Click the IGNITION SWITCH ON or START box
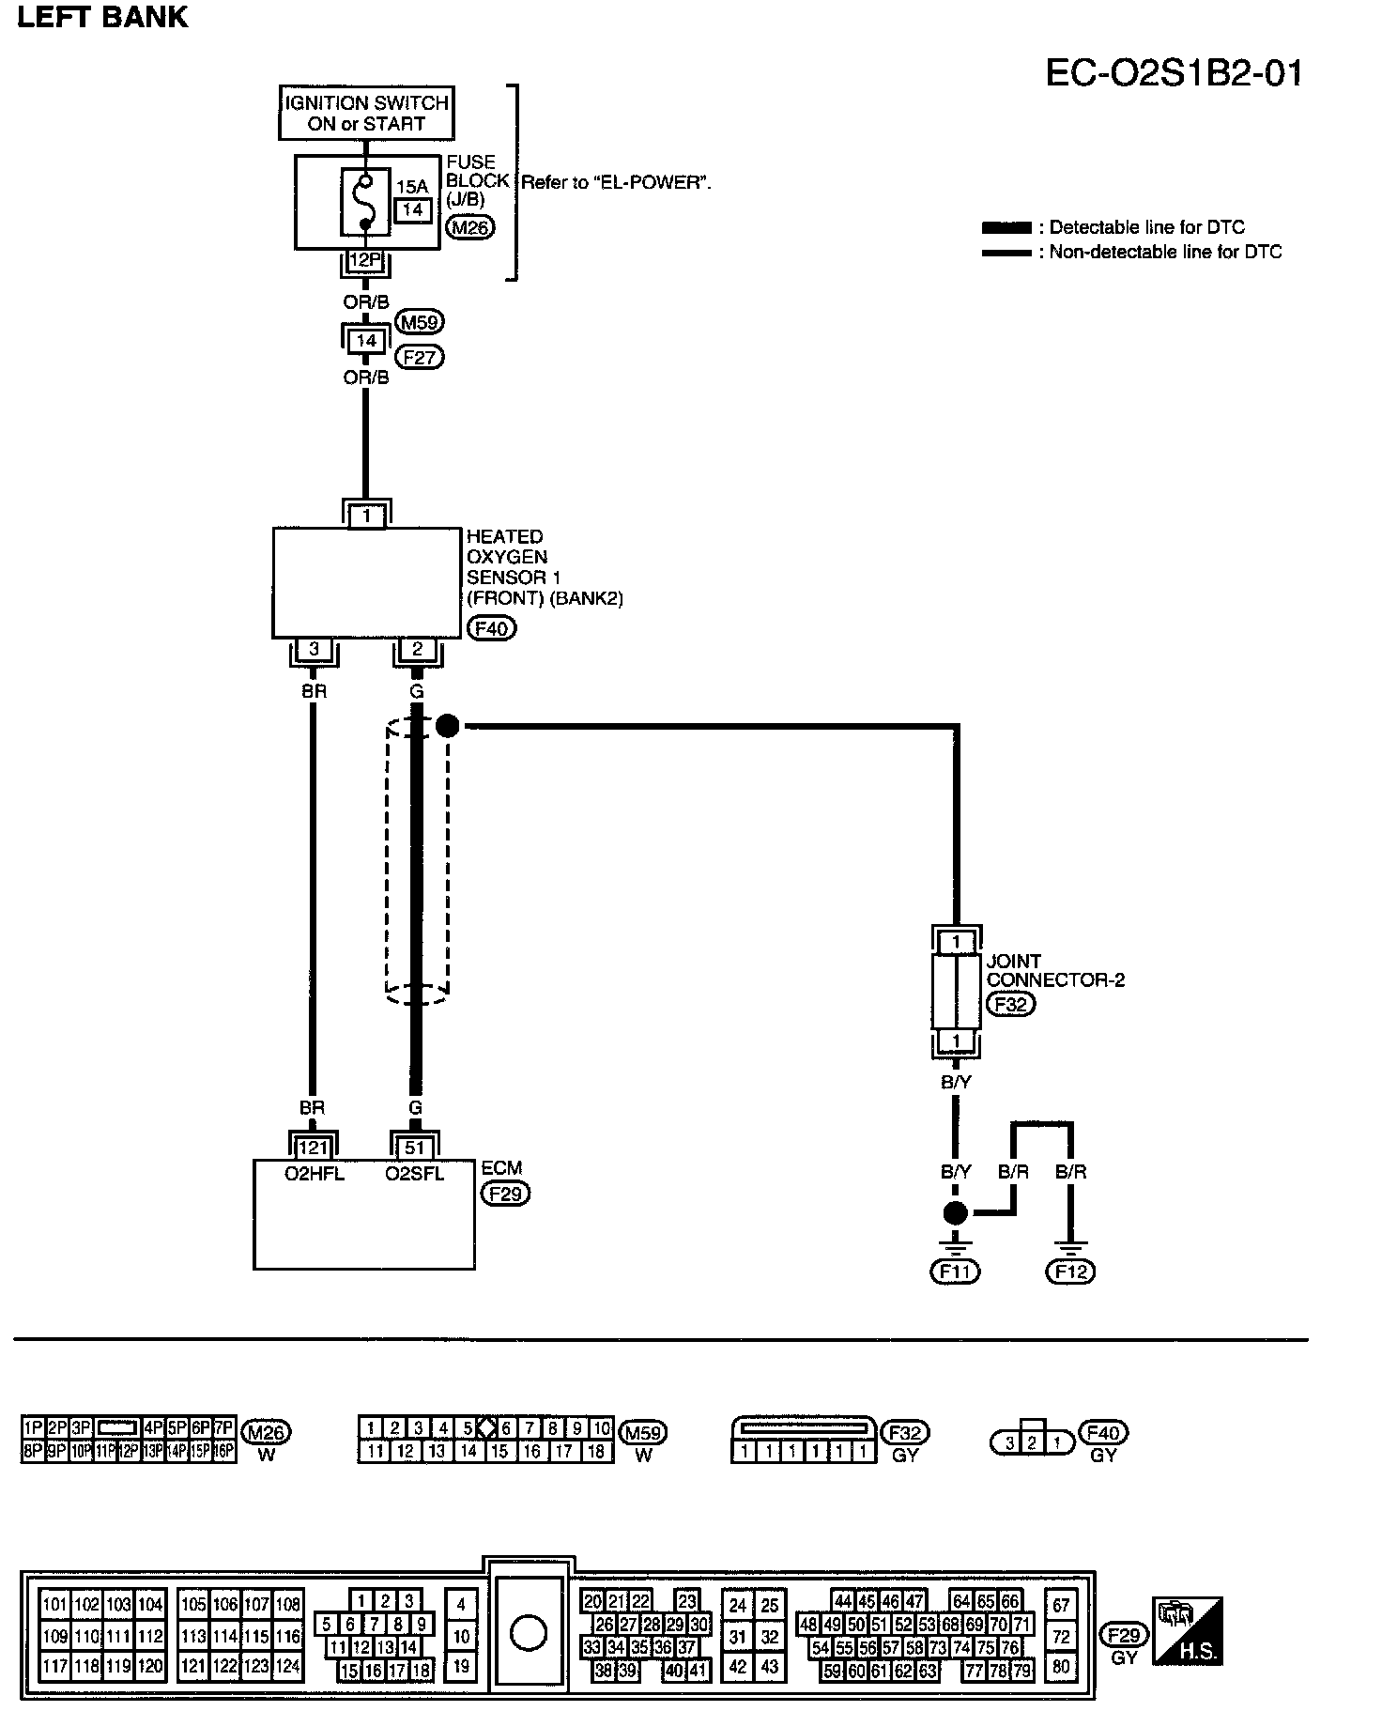[x=366, y=113]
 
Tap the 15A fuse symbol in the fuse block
[x=365, y=202]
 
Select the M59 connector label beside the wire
[x=419, y=322]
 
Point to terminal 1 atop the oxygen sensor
[x=367, y=516]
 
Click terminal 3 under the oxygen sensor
[x=314, y=649]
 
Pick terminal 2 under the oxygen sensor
[x=417, y=649]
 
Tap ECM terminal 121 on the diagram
[x=313, y=1148]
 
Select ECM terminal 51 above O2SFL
[x=415, y=1148]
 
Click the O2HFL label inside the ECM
[x=314, y=1174]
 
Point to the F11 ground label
[x=955, y=1272]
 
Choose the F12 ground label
[x=1070, y=1272]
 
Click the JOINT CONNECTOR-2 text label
[x=1055, y=970]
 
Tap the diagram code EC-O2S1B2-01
[x=1175, y=73]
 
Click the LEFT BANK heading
[x=102, y=17]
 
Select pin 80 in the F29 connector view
[x=1061, y=1667]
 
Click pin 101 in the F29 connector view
[x=55, y=1605]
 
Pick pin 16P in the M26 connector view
[x=223, y=1451]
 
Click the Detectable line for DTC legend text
[x=1147, y=227]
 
